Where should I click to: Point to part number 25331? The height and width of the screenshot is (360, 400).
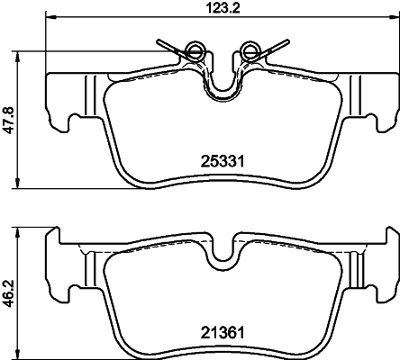tap(223, 161)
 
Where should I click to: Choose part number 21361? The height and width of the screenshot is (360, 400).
tap(223, 333)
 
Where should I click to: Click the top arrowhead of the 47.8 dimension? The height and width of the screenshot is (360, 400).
tap(23, 55)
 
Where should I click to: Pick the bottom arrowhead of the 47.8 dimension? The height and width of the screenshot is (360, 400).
tap(23, 184)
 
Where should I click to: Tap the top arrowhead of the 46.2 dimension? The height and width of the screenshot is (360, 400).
tap(23, 229)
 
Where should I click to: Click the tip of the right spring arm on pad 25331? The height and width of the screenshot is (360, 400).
tap(286, 39)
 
